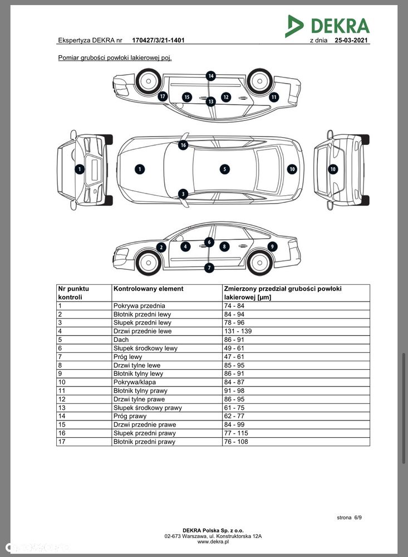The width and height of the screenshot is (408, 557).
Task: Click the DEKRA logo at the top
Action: [327, 26]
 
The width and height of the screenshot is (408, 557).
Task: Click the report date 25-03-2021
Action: [351, 41]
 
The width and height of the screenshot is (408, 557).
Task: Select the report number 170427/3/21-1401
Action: [158, 41]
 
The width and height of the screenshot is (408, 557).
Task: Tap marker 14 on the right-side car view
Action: [211, 76]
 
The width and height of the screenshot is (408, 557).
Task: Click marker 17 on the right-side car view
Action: [163, 96]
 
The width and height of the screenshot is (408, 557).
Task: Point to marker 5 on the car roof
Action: [224, 169]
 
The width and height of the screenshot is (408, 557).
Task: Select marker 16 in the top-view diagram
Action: [183, 145]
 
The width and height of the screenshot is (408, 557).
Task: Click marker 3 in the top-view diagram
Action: [183, 193]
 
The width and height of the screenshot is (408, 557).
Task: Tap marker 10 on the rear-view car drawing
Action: [333, 169]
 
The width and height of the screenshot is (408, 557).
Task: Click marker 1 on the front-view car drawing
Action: [80, 169]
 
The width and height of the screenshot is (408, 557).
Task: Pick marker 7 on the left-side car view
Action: [209, 268]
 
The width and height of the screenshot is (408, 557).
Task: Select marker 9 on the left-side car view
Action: [272, 246]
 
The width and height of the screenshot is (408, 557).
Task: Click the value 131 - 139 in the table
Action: [238, 331]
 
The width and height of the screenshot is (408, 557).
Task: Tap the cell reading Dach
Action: [121, 340]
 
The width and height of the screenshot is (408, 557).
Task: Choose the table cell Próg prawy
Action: [130, 416]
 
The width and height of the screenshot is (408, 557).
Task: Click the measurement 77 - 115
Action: [236, 433]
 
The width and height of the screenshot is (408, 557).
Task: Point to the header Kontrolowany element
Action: [148, 289]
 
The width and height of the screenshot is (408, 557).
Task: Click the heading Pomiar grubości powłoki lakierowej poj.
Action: [115, 58]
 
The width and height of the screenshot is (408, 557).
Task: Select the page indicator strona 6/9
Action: [349, 517]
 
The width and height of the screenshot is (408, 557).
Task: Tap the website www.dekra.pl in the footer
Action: [213, 542]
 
